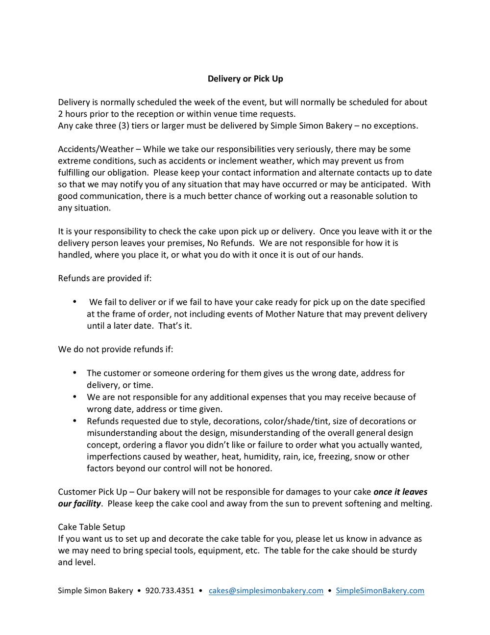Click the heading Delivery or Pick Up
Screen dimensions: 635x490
(245, 79)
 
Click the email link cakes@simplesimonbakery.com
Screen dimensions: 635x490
(266, 590)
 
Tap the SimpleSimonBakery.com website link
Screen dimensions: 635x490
(380, 590)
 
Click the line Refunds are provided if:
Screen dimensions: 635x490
(105, 278)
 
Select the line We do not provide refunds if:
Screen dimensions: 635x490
(116, 349)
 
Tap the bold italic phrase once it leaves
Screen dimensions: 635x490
(400, 492)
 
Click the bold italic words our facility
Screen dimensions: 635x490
(79, 503)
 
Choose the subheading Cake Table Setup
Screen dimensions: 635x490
(92, 527)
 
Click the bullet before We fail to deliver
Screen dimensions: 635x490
(74, 302)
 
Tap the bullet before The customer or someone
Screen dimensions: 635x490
(74, 373)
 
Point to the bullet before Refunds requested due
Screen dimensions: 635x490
(74, 421)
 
